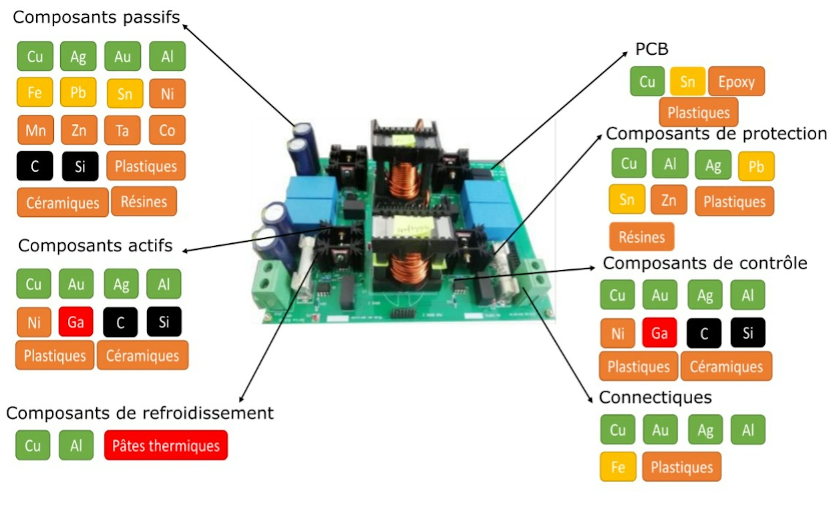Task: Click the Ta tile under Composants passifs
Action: [x=122, y=130]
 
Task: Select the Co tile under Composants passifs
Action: [x=167, y=130]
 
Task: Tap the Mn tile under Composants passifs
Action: [x=35, y=130]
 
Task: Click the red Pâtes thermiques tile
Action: [x=166, y=445]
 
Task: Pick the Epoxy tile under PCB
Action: [x=736, y=81]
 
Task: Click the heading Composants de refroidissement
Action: [x=140, y=413]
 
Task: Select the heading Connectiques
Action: [x=655, y=397]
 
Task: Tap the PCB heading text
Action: [x=652, y=49]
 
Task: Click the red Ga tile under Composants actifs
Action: [x=76, y=322]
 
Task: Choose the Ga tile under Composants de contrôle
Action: [x=659, y=333]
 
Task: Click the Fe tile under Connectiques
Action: [x=618, y=467]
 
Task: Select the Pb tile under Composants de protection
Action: [x=756, y=166]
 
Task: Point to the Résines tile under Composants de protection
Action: [x=641, y=237]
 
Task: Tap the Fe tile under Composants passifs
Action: [x=35, y=92]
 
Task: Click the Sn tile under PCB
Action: [x=687, y=81]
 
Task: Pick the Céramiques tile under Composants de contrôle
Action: [x=726, y=366]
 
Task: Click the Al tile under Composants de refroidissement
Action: [x=76, y=445]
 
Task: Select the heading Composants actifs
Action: [x=95, y=246]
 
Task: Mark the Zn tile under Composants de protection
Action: [x=669, y=200]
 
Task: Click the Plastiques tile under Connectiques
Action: [x=681, y=467]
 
